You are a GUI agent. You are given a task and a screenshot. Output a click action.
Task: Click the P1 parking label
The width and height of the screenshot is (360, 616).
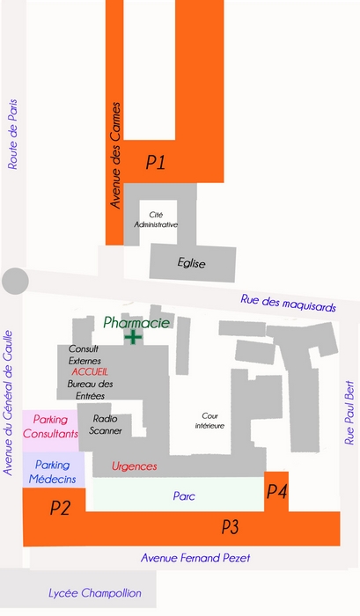click(156, 162)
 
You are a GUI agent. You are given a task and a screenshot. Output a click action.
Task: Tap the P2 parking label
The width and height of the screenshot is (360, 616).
click(60, 508)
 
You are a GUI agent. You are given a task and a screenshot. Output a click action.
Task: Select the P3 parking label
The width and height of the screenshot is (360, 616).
click(230, 526)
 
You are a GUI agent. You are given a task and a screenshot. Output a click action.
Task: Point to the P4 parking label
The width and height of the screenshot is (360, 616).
click(276, 491)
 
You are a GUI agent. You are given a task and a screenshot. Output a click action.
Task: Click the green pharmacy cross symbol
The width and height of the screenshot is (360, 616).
click(133, 337)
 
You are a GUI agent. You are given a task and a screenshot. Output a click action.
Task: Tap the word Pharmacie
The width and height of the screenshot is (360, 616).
click(136, 323)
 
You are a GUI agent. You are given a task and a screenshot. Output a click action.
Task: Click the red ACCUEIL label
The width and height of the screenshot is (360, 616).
click(90, 371)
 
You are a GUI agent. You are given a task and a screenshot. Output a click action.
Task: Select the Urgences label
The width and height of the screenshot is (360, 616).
click(134, 466)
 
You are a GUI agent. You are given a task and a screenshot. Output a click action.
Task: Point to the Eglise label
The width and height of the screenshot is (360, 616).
click(191, 263)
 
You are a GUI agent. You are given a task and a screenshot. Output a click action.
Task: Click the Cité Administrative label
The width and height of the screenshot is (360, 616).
click(156, 220)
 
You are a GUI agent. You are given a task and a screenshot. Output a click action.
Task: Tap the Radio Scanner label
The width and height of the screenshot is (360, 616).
click(105, 425)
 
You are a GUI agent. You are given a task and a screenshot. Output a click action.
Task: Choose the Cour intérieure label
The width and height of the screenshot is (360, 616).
click(209, 421)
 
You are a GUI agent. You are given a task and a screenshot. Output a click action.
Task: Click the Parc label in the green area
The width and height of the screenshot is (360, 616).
click(184, 495)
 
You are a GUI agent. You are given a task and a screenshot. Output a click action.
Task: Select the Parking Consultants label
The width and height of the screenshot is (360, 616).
click(50, 427)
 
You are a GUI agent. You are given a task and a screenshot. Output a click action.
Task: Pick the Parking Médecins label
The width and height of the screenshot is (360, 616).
click(52, 472)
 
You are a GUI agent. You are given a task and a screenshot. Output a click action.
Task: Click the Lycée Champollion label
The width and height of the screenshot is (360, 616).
click(95, 593)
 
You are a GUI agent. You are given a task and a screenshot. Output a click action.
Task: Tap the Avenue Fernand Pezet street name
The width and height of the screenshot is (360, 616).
click(195, 558)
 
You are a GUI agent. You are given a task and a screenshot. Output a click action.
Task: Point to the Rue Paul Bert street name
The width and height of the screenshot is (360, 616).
click(349, 413)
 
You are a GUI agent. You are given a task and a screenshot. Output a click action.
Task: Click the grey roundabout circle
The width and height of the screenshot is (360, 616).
click(15, 281)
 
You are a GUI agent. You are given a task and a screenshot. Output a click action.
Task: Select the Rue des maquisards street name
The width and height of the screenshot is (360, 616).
click(289, 303)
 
